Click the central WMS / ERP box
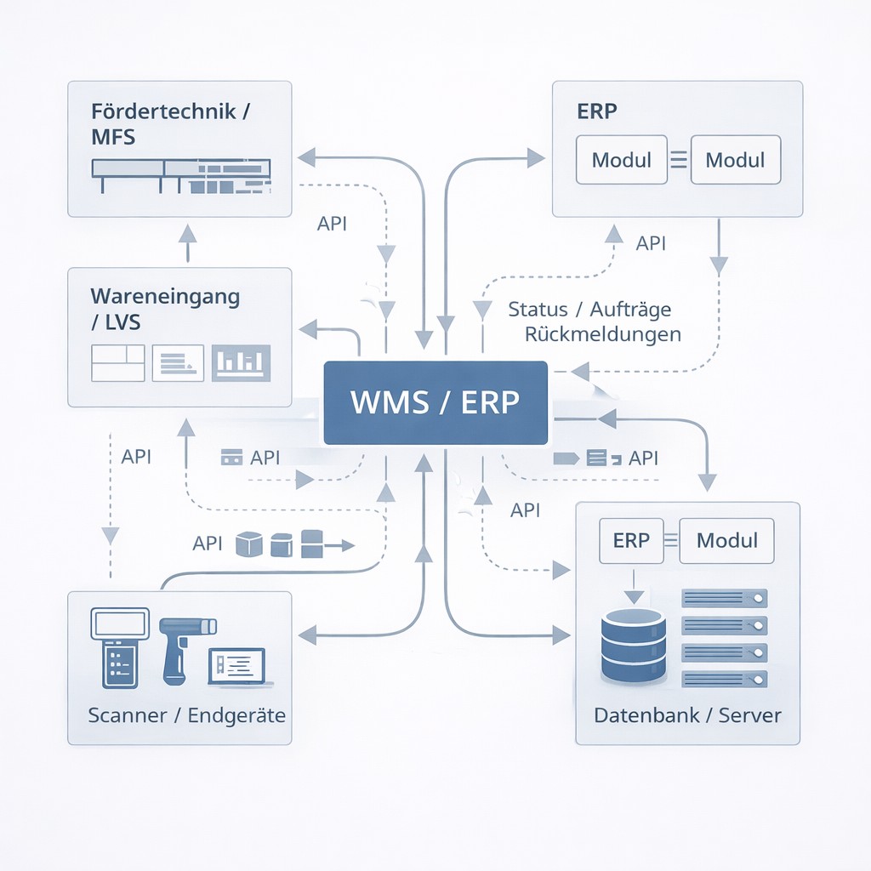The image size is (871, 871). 435,402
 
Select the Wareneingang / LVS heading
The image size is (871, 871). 164,309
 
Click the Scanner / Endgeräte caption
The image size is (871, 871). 187,714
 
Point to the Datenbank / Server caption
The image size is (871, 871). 687,714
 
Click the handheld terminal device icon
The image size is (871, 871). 118,646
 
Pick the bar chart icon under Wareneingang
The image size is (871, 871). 241,362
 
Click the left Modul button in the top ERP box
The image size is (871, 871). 621,160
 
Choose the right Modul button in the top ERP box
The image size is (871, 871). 735,160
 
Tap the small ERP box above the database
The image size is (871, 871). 631,541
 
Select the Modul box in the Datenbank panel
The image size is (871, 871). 726,541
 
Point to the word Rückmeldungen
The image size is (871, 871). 603,333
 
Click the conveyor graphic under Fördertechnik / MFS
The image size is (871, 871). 180,175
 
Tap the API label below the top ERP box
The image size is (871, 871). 651,243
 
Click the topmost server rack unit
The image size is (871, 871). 725,599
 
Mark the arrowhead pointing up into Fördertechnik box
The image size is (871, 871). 188,234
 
